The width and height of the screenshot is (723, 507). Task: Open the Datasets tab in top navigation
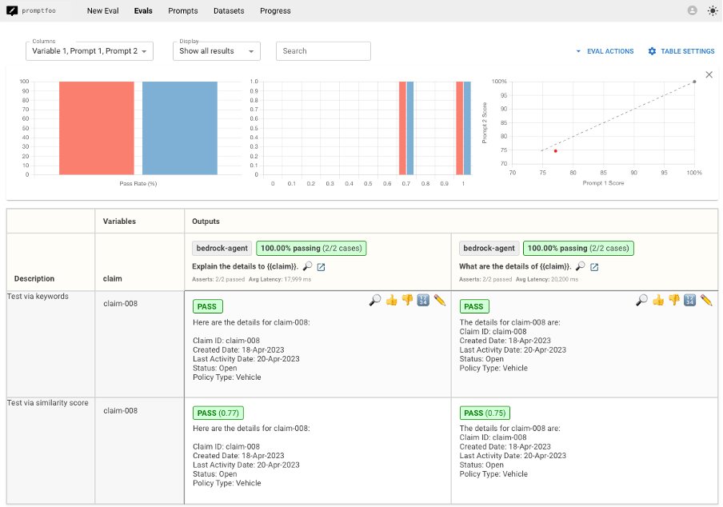click(229, 11)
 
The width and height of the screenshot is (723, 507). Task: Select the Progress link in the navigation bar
click(275, 11)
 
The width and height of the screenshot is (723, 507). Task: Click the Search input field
click(323, 51)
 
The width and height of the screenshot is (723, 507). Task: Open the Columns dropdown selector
click(89, 51)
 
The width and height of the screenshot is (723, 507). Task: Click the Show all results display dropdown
click(216, 51)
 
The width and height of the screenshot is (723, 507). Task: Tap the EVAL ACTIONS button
click(605, 51)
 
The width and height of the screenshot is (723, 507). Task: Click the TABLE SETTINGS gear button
click(681, 51)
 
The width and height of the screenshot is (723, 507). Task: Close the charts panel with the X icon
click(709, 74)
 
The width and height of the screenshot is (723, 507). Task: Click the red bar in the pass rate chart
click(96, 128)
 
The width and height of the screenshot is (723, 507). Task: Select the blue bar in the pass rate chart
click(180, 128)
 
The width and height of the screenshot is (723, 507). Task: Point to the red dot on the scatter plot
click(555, 150)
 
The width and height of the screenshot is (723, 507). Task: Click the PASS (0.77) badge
click(218, 413)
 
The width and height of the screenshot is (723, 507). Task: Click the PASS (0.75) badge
click(485, 413)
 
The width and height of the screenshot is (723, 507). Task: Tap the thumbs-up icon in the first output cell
click(391, 300)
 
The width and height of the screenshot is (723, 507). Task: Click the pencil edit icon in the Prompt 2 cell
click(706, 300)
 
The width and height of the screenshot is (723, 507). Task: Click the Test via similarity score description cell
click(48, 402)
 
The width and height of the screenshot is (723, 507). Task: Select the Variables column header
click(120, 222)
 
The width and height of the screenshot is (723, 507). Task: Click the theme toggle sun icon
click(713, 11)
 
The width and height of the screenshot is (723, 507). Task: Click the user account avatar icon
click(692, 11)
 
